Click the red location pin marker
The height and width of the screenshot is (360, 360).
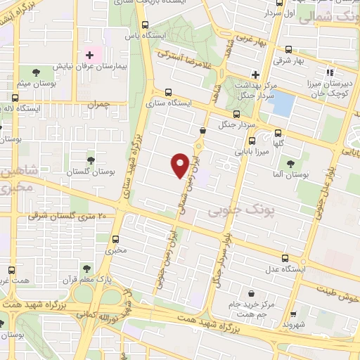[x=180, y=164]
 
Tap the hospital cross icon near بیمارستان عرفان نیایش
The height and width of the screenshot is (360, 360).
[x=90, y=55]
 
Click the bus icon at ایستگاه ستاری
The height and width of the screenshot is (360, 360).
[x=168, y=92]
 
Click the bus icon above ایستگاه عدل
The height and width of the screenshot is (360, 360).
[x=284, y=257]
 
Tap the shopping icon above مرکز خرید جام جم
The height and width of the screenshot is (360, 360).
[x=251, y=294]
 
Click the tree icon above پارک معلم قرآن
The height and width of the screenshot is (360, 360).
[x=86, y=268]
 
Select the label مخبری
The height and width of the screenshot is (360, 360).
[x=116, y=250]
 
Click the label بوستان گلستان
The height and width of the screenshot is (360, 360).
[x=89, y=172]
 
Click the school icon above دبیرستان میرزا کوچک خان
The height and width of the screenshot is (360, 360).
[x=329, y=71]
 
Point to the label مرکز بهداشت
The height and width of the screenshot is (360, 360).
[x=264, y=83]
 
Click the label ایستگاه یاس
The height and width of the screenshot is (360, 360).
[x=140, y=34]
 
